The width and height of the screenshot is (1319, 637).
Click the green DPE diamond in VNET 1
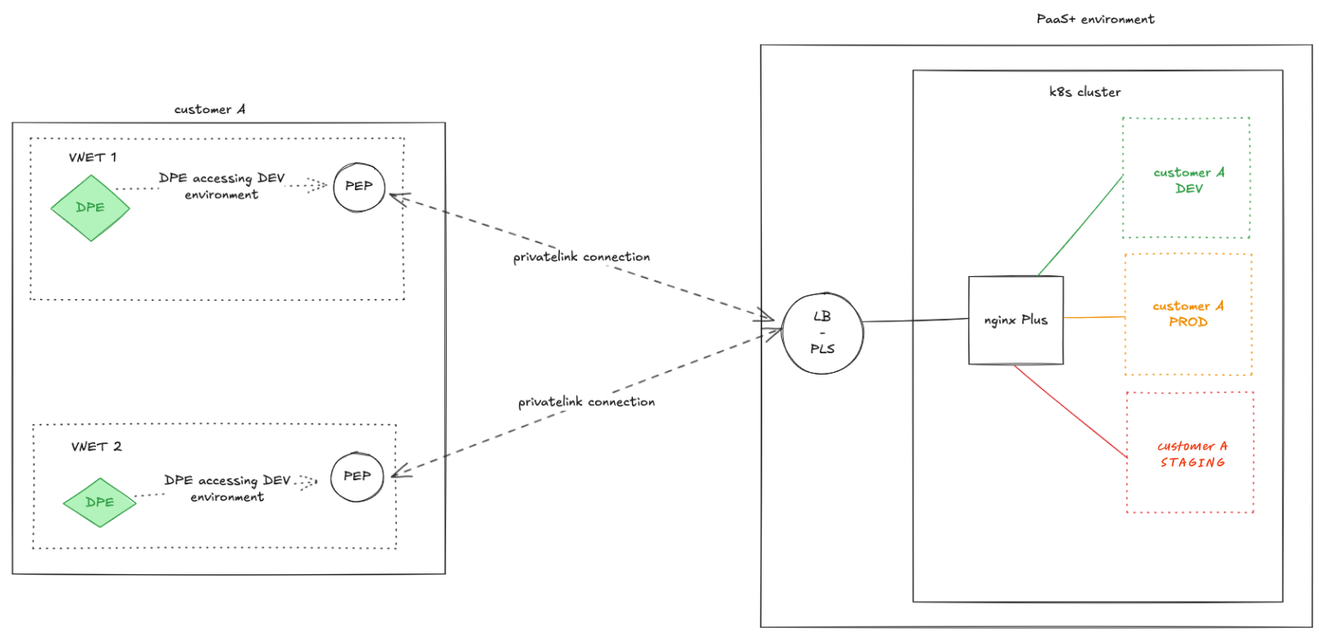(x=90, y=207)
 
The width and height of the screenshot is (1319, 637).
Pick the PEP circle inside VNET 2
(x=357, y=477)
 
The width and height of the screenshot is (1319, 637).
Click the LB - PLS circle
(x=822, y=331)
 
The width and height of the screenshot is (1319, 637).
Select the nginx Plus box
(x=1015, y=320)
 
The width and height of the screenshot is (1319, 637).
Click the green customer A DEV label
(x=1189, y=181)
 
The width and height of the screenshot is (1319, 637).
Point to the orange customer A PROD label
(x=1188, y=314)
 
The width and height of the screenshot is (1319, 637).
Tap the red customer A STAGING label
(x=1192, y=454)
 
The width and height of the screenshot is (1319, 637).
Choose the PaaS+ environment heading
(x=1095, y=19)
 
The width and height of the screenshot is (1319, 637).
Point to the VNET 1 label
(x=93, y=158)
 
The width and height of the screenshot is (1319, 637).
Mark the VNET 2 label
(x=97, y=447)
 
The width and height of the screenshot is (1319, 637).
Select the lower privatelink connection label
(x=586, y=402)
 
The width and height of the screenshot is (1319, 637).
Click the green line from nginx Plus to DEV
(x=1081, y=226)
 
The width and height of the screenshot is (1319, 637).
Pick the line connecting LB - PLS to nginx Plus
(x=915, y=321)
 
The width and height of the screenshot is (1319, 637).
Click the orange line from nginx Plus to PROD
(x=1094, y=317)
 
